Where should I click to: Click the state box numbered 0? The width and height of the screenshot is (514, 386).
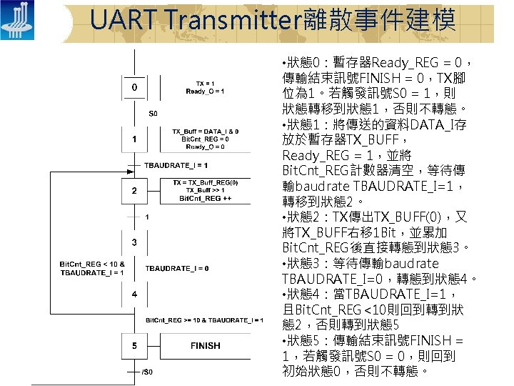(x=134, y=87)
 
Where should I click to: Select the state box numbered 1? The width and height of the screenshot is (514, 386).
(x=134, y=139)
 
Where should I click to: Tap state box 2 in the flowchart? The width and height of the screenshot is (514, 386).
(x=134, y=191)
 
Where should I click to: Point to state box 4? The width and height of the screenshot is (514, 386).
(x=134, y=294)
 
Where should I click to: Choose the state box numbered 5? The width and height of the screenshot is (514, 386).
(x=134, y=346)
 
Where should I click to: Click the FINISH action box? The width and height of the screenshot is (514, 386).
(x=205, y=346)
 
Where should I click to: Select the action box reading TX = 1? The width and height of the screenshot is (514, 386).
(x=205, y=87)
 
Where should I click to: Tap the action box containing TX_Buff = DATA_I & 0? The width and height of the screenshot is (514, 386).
(x=205, y=139)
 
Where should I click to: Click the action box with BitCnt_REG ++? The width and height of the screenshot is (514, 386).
(x=205, y=191)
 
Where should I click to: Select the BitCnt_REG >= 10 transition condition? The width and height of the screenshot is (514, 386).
(x=205, y=320)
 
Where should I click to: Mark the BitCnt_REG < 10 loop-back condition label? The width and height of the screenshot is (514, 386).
(x=92, y=268)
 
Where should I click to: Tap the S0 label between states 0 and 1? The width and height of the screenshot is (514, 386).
(x=153, y=113)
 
